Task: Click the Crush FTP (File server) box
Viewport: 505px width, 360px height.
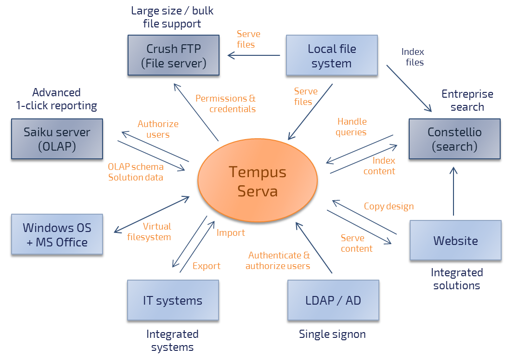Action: click(x=174, y=55)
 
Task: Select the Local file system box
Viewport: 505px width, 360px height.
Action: click(x=332, y=55)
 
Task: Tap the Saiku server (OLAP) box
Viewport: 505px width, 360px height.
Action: click(x=57, y=139)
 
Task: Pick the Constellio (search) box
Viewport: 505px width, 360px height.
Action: click(x=454, y=139)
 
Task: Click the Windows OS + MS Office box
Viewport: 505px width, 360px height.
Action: click(x=57, y=234)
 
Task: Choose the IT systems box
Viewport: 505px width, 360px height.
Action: click(x=173, y=300)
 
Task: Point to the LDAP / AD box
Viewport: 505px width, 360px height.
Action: click(x=333, y=300)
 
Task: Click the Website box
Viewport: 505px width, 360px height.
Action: click(x=455, y=240)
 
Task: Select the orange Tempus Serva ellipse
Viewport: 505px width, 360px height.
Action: click(x=258, y=180)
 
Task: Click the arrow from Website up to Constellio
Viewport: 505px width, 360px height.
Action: click(x=453, y=191)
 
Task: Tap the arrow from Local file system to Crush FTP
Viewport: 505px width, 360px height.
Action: click(x=254, y=55)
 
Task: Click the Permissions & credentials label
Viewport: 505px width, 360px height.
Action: click(x=225, y=103)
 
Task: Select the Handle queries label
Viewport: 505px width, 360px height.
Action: click(x=351, y=127)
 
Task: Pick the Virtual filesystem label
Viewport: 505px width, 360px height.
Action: click(x=149, y=231)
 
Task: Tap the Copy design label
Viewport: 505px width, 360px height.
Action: click(x=388, y=206)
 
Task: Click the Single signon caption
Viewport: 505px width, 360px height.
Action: click(x=332, y=334)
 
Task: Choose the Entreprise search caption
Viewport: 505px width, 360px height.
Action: click(x=467, y=100)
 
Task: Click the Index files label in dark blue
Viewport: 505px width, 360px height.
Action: click(x=413, y=57)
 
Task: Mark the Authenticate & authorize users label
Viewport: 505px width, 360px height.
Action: click(x=278, y=260)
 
